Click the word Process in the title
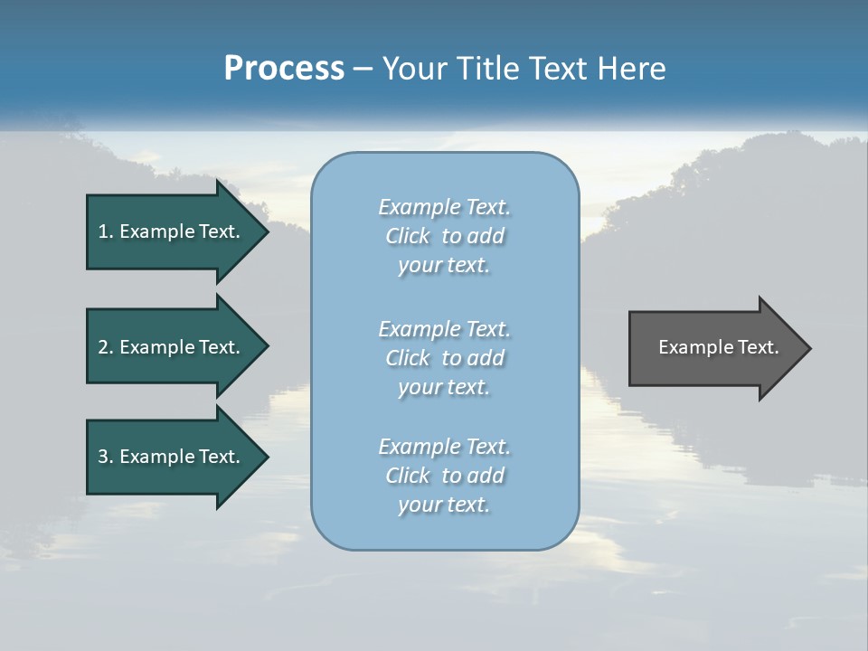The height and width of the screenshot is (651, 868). coord(284,69)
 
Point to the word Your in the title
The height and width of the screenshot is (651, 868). coord(416,69)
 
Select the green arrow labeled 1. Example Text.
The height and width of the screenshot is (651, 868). coord(172,231)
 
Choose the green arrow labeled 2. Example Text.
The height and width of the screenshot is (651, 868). coord(172,347)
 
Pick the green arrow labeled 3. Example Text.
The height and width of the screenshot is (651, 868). coord(172,457)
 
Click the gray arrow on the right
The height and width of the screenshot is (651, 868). coord(714,347)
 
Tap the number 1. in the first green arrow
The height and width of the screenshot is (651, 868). coord(105,231)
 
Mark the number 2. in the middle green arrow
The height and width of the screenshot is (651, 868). coord(105,347)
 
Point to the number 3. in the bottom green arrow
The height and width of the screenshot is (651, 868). coord(105,457)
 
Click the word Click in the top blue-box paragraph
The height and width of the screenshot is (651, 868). coord(408,236)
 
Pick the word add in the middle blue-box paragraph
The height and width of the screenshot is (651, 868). coord(486,358)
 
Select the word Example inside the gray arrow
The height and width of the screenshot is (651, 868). coord(690,347)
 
